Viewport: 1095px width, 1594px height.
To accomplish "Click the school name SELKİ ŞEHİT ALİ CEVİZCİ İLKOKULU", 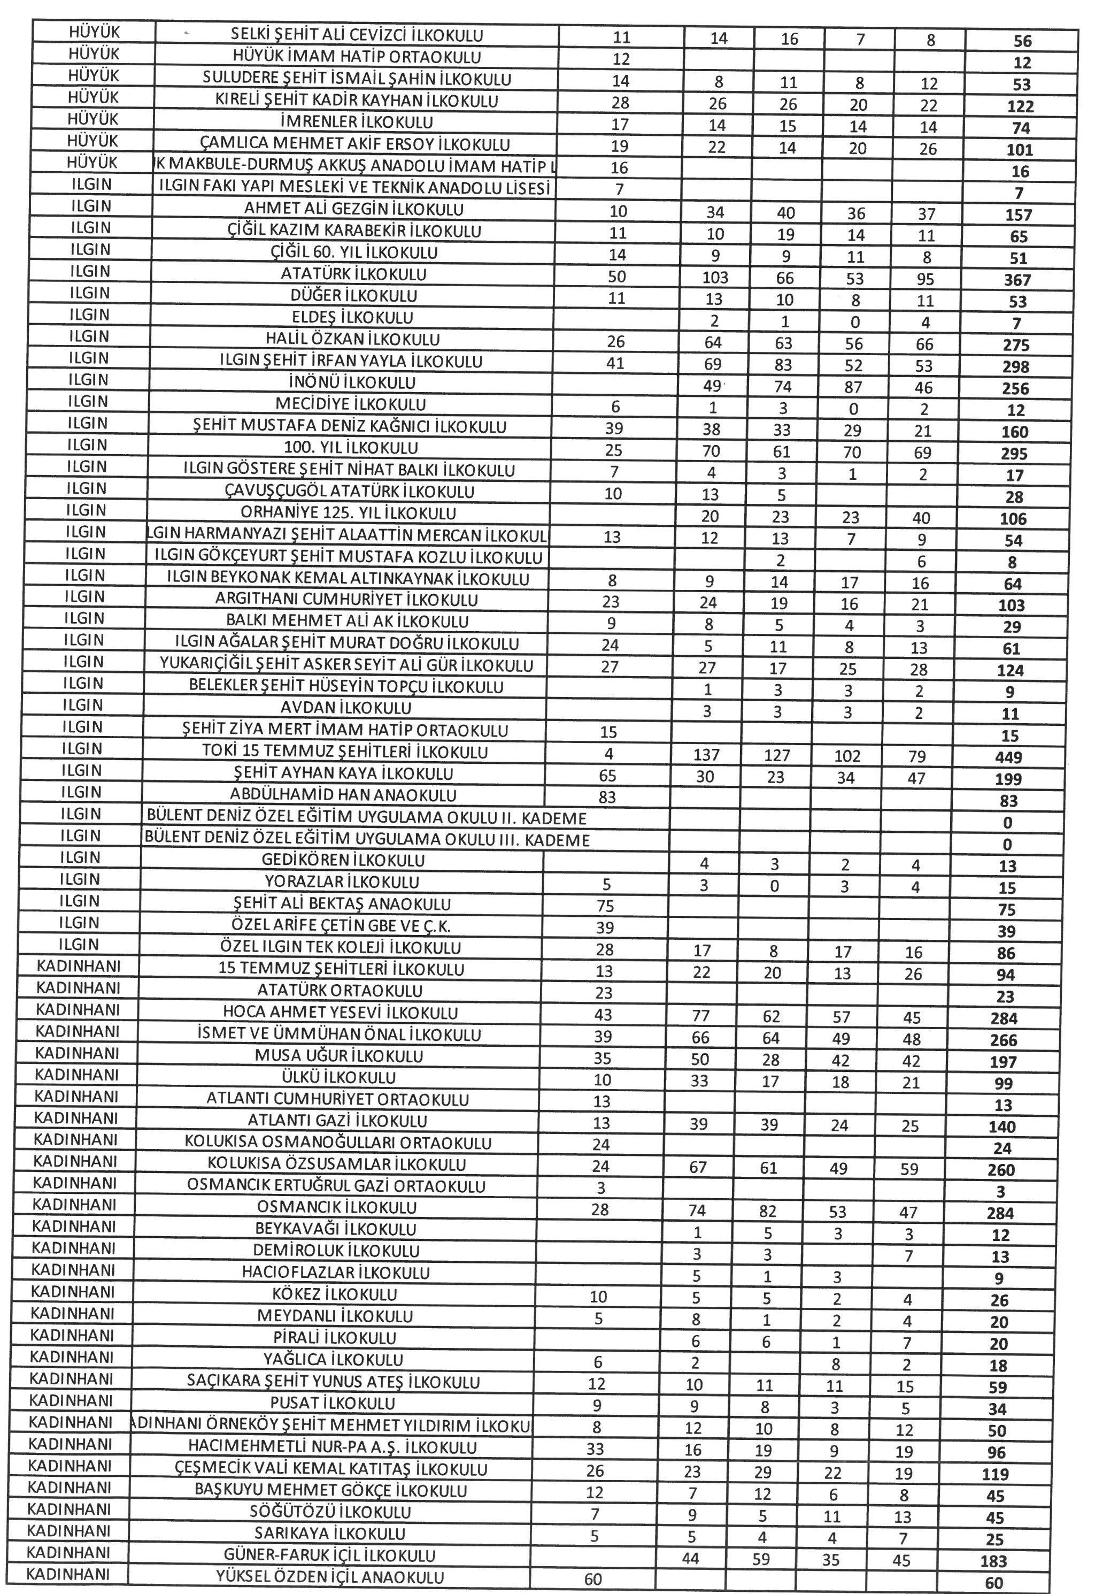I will (x=356, y=36).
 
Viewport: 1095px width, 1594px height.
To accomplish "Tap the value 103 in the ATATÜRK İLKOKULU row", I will (x=715, y=278).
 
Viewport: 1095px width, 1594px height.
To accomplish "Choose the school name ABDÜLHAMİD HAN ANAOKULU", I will (x=344, y=795).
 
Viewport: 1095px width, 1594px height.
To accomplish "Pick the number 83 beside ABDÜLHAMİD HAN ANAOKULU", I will (x=606, y=798).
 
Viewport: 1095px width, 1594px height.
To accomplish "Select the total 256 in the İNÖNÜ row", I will (x=1015, y=388).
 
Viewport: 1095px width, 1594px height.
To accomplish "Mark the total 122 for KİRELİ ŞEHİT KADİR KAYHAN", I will (x=1020, y=106).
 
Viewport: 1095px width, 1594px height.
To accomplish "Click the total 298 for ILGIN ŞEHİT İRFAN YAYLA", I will (x=1015, y=366).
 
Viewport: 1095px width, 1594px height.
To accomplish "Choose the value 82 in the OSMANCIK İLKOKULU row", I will (x=768, y=1212).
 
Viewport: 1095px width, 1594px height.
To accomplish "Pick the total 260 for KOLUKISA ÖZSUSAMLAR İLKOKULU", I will (x=1001, y=1170).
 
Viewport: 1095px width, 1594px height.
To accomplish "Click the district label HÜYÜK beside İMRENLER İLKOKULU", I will (x=94, y=119).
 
